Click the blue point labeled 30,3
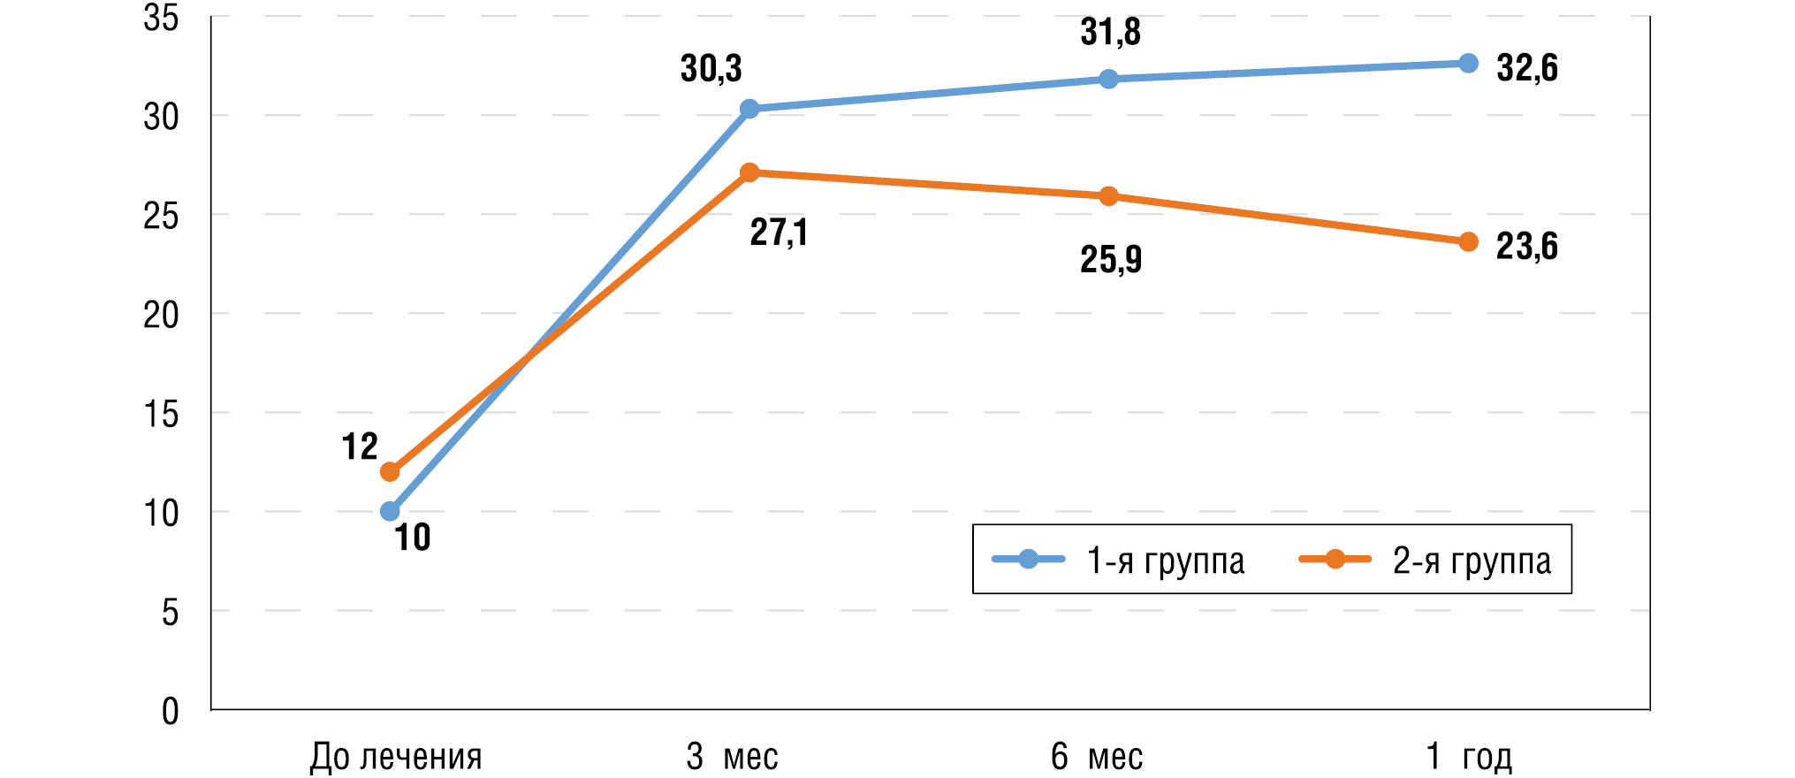pyautogui.click(x=749, y=109)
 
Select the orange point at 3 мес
pyautogui.click(x=749, y=172)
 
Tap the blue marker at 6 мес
pyautogui.click(x=1109, y=80)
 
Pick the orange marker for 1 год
pyautogui.click(x=1468, y=242)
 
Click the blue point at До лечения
pyautogui.click(x=390, y=511)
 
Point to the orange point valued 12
pyautogui.click(x=390, y=471)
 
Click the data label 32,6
pyautogui.click(x=1526, y=68)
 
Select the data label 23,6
pyautogui.click(x=1526, y=247)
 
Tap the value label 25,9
pyautogui.click(x=1111, y=259)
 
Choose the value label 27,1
pyautogui.click(x=779, y=233)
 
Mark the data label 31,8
pyautogui.click(x=1111, y=32)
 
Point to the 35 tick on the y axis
pyautogui.click(x=161, y=18)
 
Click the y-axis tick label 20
pyautogui.click(x=161, y=315)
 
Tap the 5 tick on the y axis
pyautogui.click(x=170, y=612)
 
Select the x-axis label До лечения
pyautogui.click(x=396, y=757)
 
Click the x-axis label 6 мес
pyautogui.click(x=1097, y=757)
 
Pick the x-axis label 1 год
pyautogui.click(x=1469, y=757)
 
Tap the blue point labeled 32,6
pyautogui.click(x=1468, y=63)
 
